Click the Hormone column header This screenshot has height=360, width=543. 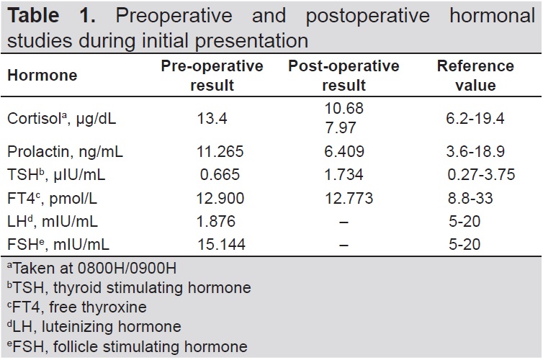pyautogui.click(x=42, y=75)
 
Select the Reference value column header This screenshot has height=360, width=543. pyautogui.click(x=475, y=76)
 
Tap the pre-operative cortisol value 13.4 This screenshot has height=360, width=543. pyautogui.click(x=212, y=119)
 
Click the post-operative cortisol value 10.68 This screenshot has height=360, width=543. pyautogui.click(x=344, y=109)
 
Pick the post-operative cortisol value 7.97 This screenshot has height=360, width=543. pyautogui.click(x=341, y=127)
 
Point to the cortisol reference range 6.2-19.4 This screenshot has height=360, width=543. pyautogui.click(x=475, y=119)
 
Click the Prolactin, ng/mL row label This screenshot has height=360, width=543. pyautogui.click(x=65, y=152)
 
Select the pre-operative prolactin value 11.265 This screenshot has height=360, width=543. pyautogui.click(x=220, y=152)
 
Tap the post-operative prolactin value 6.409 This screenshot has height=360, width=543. pyautogui.click(x=344, y=152)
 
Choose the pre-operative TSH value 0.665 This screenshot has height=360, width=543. pyautogui.click(x=220, y=174)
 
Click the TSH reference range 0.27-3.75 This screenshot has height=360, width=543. pyautogui.click(x=481, y=174)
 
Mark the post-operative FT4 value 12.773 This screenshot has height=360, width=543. pyautogui.click(x=349, y=198)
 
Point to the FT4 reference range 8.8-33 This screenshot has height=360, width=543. pyautogui.click(x=470, y=198)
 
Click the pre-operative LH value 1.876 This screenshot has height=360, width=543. pyautogui.click(x=216, y=222)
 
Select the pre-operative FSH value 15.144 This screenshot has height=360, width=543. pyautogui.click(x=221, y=245)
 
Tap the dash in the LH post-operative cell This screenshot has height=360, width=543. pyautogui.click(x=344, y=222)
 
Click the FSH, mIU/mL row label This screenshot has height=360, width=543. pyautogui.click(x=58, y=245)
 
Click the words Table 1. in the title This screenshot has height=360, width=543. pyautogui.click(x=51, y=16)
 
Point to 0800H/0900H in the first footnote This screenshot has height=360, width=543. pyautogui.click(x=127, y=269)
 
